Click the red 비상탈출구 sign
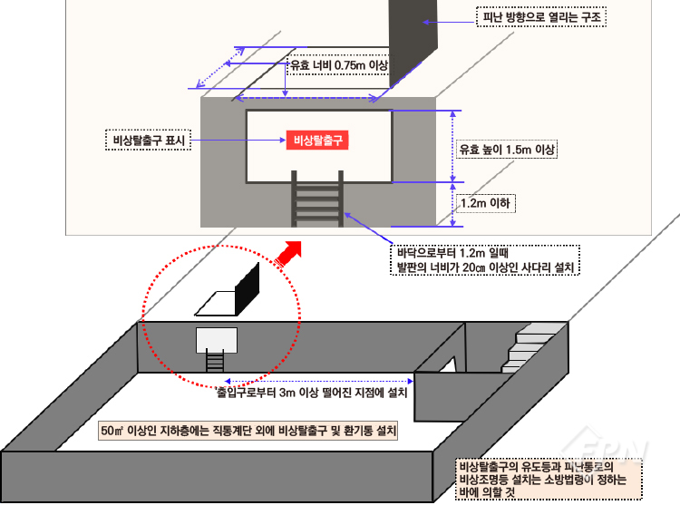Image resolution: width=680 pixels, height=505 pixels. coord(317,140)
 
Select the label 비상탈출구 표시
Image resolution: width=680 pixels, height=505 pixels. coord(149,140)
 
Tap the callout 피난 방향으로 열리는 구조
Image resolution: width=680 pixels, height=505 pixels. coord(541,17)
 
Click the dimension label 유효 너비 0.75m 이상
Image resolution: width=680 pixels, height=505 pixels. coord(338,65)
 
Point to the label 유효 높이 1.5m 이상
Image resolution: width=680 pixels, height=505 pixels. coord(507,149)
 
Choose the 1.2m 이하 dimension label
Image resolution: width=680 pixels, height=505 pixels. coord(485,203)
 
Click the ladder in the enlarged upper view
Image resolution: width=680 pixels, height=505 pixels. coord(317,199)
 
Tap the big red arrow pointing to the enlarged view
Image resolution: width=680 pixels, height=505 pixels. coord(288,254)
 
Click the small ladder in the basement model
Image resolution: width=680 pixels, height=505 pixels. coord(215,361)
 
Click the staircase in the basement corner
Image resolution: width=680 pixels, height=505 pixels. coord(528,353)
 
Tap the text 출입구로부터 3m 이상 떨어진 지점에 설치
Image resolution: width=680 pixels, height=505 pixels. coord(312,393)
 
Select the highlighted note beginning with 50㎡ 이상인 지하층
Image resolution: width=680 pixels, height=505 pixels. coord(248,431)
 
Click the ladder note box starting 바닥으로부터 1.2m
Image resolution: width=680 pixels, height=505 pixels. coord(485,260)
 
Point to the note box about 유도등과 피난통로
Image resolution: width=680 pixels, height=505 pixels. coord(549,480)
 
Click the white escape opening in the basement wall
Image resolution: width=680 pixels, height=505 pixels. coord(217,340)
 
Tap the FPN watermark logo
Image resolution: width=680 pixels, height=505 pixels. coord(605,446)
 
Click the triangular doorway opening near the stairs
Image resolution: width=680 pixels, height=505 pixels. coord(449,365)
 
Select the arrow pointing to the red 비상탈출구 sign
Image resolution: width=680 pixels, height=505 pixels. coord(238,140)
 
